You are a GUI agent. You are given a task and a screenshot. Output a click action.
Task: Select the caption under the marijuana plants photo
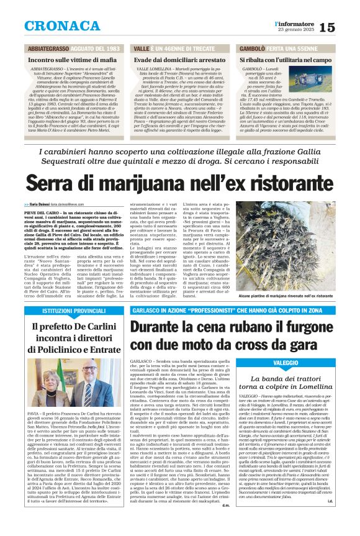point(293,297)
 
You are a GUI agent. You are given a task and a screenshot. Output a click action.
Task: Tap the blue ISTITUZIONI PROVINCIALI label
point(57,310)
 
